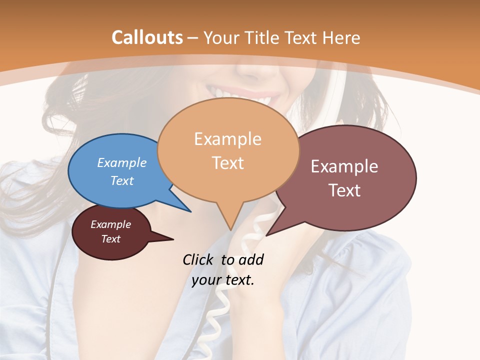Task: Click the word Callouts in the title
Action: pyautogui.click(x=147, y=37)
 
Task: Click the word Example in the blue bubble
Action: pyautogui.click(x=121, y=162)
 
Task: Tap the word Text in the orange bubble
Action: pyautogui.click(x=228, y=162)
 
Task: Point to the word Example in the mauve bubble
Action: pyautogui.click(x=344, y=166)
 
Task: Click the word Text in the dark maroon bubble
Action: pyautogui.click(x=111, y=239)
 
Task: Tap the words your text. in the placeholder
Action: pyautogui.click(x=223, y=280)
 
